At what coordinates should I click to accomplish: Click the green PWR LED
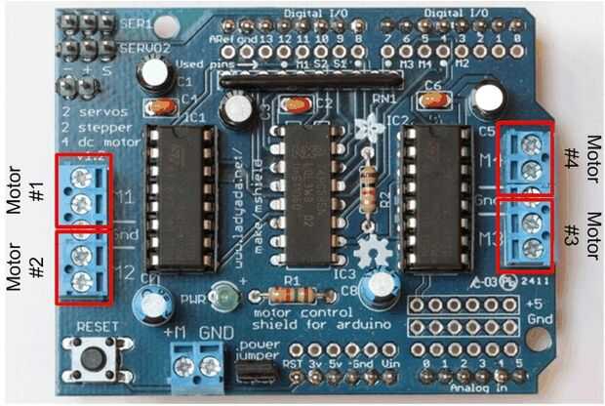coord(226,295)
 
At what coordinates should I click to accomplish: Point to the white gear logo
coord(371,255)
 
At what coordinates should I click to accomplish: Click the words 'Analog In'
coord(462,389)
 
